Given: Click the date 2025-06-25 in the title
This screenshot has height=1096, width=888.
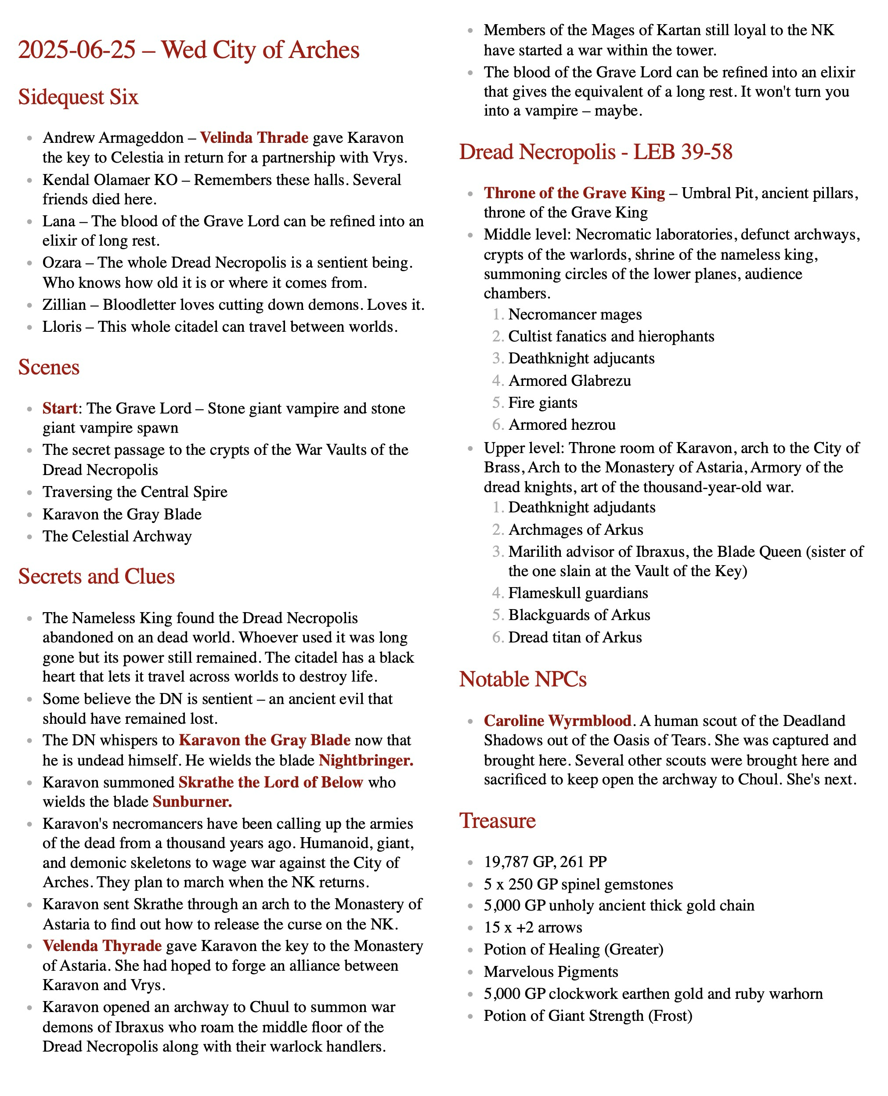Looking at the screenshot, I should (x=77, y=50).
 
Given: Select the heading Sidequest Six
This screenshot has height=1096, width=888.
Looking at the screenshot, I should (x=78, y=97).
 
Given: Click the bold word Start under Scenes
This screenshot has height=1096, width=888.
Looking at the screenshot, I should (x=59, y=409).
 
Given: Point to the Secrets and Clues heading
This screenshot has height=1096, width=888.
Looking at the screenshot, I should (x=96, y=577).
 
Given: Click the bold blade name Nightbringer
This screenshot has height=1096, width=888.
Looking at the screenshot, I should (x=365, y=760).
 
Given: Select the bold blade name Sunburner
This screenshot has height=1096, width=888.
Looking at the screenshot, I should (x=192, y=802).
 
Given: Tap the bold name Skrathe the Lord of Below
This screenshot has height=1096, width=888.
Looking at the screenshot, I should (x=271, y=782).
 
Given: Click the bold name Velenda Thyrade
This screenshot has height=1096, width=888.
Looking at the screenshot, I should (x=102, y=946).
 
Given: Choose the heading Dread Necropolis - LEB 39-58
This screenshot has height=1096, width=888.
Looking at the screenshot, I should (x=596, y=152).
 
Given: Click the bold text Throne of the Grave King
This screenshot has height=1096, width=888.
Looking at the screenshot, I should (x=574, y=193).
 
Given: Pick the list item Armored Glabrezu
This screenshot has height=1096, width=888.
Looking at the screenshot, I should (x=569, y=381).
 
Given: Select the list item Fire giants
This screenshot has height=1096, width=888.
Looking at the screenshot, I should (x=542, y=403).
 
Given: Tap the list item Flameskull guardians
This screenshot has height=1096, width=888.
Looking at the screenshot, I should (x=578, y=593).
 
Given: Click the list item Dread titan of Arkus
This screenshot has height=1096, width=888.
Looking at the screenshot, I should (x=574, y=637).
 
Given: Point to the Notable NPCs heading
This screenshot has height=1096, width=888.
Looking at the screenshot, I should (x=522, y=679).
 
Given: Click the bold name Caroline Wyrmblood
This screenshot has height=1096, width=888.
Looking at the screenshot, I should (x=557, y=721).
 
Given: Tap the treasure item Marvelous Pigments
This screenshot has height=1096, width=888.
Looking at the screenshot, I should (x=550, y=972).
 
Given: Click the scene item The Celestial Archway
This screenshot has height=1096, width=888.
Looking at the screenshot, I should (x=117, y=536).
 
